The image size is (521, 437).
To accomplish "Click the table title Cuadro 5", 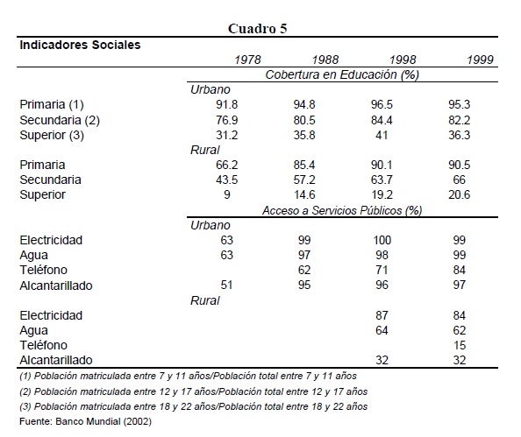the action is pyautogui.click(x=258, y=29).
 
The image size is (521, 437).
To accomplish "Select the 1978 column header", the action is pyautogui.click(x=247, y=60).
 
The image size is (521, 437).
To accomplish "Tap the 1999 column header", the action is pyautogui.click(x=480, y=60).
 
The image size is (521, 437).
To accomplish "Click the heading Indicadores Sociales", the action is pyautogui.click(x=80, y=45).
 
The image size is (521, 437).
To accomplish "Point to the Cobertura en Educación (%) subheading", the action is pyautogui.click(x=342, y=74).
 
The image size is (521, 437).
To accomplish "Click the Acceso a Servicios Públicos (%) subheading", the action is pyautogui.click(x=342, y=210).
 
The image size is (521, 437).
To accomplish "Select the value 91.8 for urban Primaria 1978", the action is pyautogui.click(x=226, y=104).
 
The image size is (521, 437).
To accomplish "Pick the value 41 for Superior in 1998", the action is pyautogui.click(x=382, y=135).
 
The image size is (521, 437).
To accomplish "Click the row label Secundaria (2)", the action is pyautogui.click(x=60, y=120).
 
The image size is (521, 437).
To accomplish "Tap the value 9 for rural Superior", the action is pyautogui.click(x=227, y=194).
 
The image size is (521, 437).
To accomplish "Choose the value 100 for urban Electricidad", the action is pyautogui.click(x=382, y=240).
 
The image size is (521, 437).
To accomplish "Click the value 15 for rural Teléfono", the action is pyautogui.click(x=460, y=345).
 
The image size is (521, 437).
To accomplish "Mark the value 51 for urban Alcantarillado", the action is pyautogui.click(x=226, y=285).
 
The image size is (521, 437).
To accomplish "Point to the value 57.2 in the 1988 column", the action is pyautogui.click(x=304, y=180).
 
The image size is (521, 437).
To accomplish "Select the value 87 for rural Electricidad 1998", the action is pyautogui.click(x=382, y=315).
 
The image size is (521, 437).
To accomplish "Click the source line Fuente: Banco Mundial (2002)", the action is pyautogui.click(x=85, y=421).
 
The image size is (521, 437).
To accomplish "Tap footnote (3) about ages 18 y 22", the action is pyautogui.click(x=193, y=406).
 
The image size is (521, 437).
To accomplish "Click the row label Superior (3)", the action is pyautogui.click(x=52, y=135).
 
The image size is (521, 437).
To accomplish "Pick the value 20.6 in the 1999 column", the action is pyautogui.click(x=460, y=194).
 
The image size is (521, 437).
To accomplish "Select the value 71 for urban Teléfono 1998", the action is pyautogui.click(x=382, y=270).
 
